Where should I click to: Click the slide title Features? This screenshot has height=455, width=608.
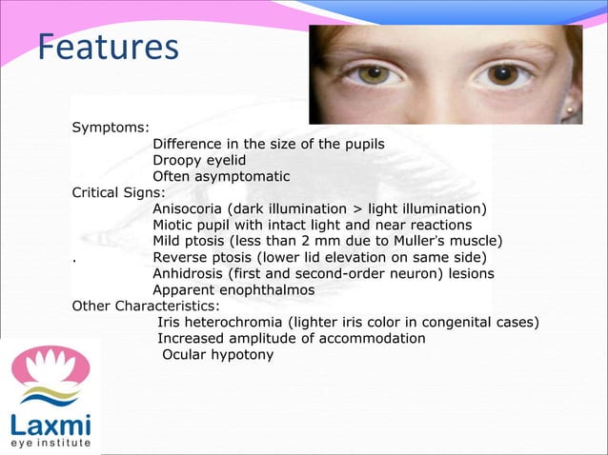pyautogui.click(x=108, y=48)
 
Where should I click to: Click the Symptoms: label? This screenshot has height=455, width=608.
pyautogui.click(x=107, y=127)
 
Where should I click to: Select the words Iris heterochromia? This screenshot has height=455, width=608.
pyautogui.click(x=220, y=322)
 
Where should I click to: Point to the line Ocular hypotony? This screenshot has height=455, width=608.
pyautogui.click(x=217, y=354)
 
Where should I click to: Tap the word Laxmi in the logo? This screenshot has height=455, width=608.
pyautogui.click(x=51, y=424)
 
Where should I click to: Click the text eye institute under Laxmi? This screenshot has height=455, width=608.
pyautogui.click(x=51, y=444)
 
